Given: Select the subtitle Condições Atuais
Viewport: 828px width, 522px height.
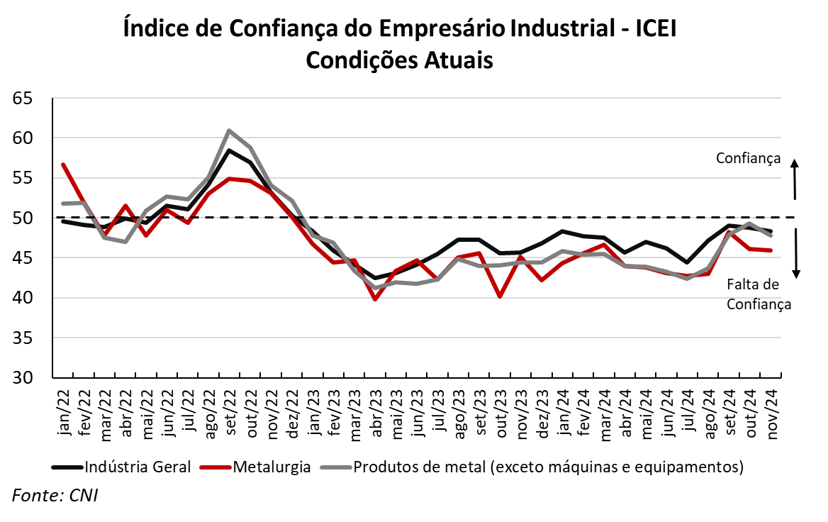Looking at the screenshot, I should pos(399,60).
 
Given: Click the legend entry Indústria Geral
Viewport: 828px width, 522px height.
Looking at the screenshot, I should pos(121,467).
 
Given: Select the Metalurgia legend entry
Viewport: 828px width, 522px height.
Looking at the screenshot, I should pos(255,467).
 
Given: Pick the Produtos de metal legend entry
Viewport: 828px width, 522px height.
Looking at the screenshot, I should pos(532,467).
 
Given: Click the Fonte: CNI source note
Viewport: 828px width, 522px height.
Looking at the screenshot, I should pos(55,495).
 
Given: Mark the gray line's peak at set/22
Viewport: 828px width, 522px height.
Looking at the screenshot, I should pos(229,130).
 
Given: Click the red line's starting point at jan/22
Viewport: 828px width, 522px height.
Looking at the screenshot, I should pos(63,165).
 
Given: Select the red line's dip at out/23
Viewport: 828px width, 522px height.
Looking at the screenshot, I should pos(500,296).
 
